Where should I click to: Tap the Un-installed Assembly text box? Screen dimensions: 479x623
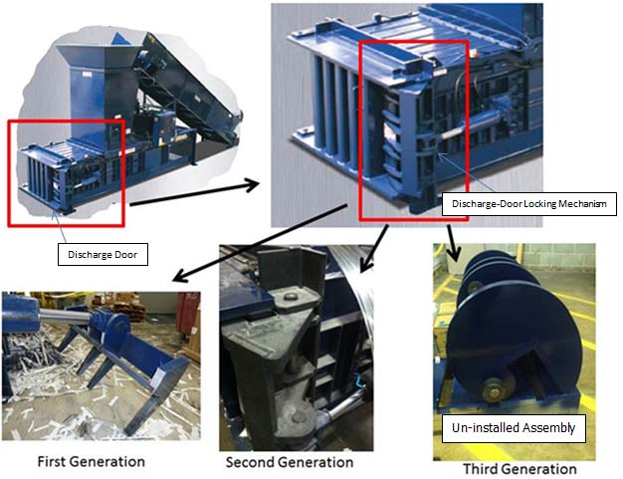coord(514,430)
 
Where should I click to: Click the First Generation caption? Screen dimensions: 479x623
coord(91,461)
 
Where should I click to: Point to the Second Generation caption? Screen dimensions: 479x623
coord(289,462)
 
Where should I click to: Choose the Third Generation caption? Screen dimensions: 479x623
coord(519,468)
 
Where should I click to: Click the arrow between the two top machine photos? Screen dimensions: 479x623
coord(193,193)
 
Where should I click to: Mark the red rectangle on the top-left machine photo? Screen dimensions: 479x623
coord(66,171)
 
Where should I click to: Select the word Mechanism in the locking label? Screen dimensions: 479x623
coord(574,204)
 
